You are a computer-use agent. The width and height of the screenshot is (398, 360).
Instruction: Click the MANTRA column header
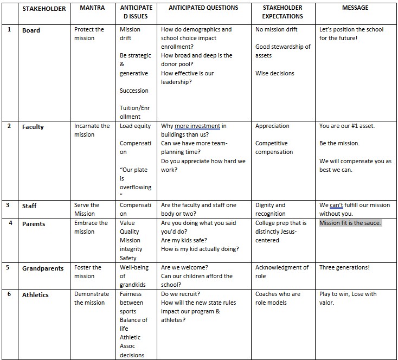point(92,8)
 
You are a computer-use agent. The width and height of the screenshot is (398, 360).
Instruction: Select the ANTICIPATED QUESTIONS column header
point(203,8)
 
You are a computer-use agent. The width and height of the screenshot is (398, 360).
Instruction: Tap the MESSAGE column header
point(355,8)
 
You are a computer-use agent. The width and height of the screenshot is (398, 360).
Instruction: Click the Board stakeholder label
point(31,30)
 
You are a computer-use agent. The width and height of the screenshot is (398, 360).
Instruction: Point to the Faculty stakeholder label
point(33,127)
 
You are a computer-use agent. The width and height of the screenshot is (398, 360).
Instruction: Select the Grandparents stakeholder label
point(43,268)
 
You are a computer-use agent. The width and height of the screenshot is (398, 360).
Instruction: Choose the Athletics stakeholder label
point(35,295)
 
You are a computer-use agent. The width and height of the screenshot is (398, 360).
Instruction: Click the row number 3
point(9,205)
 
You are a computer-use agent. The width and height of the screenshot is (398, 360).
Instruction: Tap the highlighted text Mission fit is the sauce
point(350,223)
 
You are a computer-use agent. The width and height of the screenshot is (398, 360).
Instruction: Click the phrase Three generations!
point(344,267)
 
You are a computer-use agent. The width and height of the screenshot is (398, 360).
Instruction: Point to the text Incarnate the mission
point(92,130)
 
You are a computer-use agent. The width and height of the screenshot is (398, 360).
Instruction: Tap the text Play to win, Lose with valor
point(348,298)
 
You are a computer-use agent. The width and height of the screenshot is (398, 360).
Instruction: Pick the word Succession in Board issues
point(134,91)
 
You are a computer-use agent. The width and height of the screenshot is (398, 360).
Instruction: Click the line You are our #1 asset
point(347,126)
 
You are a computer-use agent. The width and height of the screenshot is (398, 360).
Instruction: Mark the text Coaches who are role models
point(278,298)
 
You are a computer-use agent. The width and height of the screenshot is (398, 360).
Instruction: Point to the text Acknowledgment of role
point(282,272)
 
